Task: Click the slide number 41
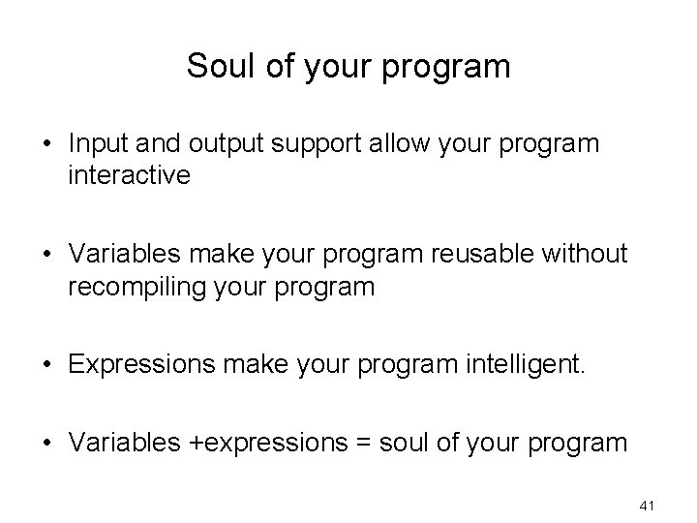(648, 505)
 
